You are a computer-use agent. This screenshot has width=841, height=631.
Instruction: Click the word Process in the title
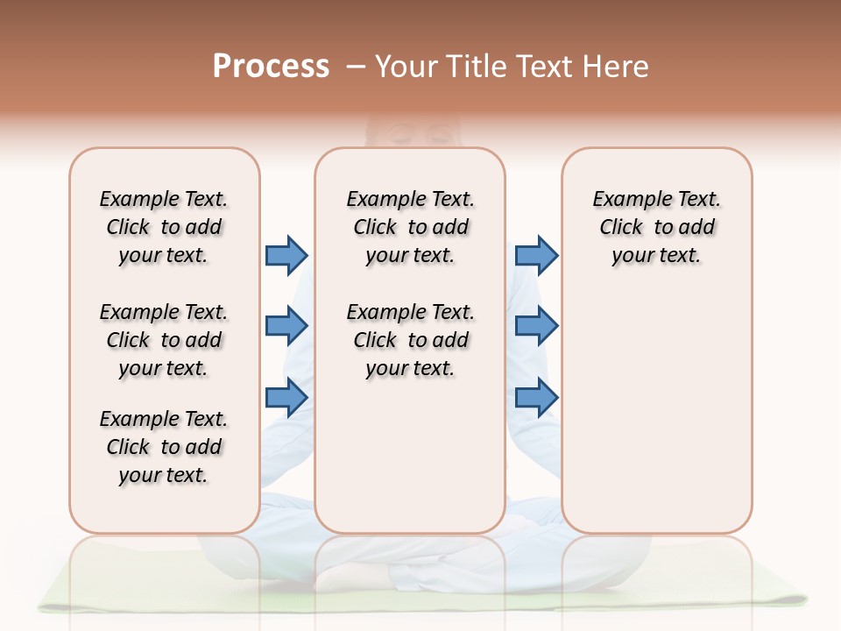point(271,67)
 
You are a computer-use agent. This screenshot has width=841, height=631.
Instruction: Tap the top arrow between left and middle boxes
point(286,255)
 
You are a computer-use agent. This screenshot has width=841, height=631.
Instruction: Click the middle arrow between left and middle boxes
point(286,326)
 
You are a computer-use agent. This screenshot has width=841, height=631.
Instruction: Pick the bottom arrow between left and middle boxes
point(286,397)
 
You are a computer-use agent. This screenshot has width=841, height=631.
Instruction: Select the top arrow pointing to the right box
point(536,255)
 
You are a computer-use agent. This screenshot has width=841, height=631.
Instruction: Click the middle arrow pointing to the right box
point(536,326)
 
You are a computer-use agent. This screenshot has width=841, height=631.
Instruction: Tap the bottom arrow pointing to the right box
point(536,397)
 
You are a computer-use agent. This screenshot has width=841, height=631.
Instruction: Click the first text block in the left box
point(164,227)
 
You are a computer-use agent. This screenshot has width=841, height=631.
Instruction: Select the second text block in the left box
point(164,340)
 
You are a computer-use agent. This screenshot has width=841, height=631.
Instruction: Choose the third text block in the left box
point(164,447)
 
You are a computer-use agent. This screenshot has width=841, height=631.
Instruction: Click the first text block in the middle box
point(410,227)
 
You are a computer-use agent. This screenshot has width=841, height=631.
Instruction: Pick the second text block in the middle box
point(410,340)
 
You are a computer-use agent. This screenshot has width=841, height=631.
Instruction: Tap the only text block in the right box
point(656,227)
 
